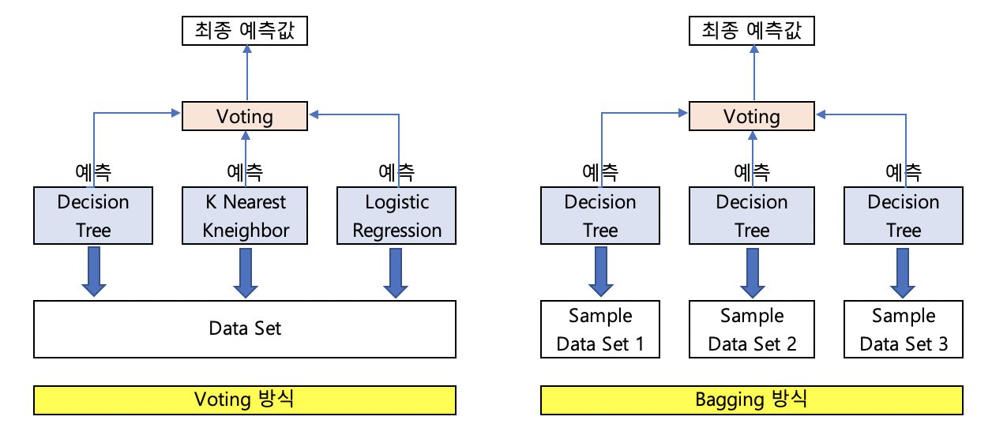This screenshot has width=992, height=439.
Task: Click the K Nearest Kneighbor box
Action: (x=245, y=216)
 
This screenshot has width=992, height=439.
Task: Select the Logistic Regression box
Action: (x=396, y=216)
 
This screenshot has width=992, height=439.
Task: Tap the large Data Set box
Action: (x=245, y=329)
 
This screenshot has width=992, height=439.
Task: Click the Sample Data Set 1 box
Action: (x=600, y=329)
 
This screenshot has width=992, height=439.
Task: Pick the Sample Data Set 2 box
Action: (x=752, y=329)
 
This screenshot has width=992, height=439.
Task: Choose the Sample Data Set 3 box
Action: (x=904, y=329)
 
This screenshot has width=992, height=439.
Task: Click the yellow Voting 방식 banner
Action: (x=245, y=400)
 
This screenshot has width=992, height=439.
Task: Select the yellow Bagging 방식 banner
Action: (x=752, y=400)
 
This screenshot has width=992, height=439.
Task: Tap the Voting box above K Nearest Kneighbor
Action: (x=245, y=116)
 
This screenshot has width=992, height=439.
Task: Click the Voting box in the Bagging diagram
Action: (x=752, y=116)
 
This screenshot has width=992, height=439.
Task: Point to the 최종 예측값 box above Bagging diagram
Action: (x=752, y=31)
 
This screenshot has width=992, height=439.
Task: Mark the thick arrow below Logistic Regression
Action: (x=396, y=273)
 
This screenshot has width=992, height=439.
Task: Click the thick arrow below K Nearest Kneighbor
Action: (x=246, y=273)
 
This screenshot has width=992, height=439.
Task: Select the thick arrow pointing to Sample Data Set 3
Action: (x=903, y=273)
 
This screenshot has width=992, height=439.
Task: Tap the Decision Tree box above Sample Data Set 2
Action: (x=752, y=216)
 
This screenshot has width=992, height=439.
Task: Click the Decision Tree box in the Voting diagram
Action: (x=93, y=216)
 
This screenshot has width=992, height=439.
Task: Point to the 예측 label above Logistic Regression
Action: (x=396, y=172)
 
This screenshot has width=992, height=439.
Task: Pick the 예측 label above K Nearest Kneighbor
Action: (x=245, y=172)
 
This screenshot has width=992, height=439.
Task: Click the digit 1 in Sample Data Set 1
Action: (x=639, y=343)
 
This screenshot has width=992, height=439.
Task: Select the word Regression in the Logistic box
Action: (x=396, y=231)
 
